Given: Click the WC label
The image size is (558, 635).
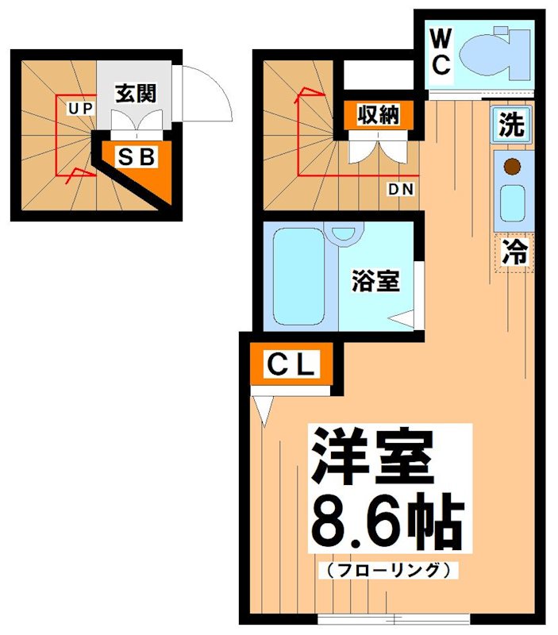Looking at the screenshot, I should pos(441,52).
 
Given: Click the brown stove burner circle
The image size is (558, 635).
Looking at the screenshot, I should pos(512,167).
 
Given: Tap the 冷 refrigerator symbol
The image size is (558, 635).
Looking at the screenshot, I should pos(514,253).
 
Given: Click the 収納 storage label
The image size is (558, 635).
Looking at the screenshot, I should pos(377,115).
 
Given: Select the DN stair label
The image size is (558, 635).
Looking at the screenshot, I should pos(398,190).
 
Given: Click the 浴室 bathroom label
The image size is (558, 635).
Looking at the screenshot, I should pos(375,280).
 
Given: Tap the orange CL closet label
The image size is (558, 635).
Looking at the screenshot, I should pos(291,366).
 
